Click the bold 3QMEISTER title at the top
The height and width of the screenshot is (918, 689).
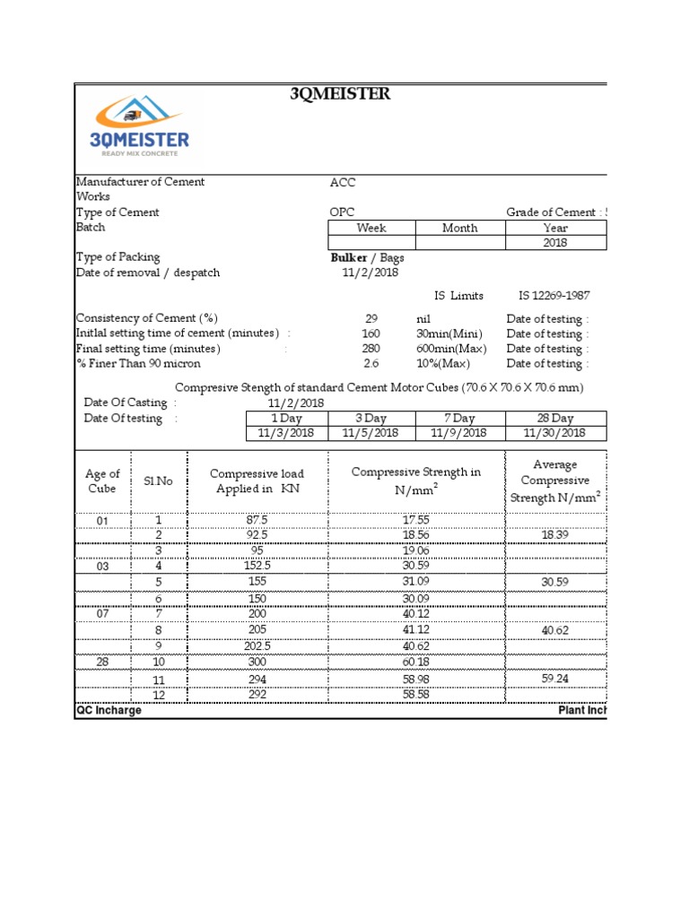pos(340,94)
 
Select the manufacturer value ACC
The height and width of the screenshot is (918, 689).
pos(343,182)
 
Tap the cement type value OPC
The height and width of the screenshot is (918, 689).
pos(343,212)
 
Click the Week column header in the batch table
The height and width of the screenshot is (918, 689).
pos(371,228)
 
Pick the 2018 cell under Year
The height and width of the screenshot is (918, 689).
pos(555,243)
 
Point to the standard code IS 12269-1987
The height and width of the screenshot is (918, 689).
pos(554,296)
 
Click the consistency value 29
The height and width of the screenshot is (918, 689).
pos(371,318)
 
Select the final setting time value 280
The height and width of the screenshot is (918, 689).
pos(371,349)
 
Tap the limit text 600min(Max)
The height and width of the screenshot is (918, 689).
pos(448,349)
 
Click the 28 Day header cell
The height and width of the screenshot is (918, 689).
pos(555,419)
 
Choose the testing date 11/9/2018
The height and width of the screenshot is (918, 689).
pos(458,433)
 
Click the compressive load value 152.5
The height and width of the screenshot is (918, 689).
pos(257,566)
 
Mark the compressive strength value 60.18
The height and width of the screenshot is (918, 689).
pos(415,661)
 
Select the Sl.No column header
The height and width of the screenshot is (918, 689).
pos(159,481)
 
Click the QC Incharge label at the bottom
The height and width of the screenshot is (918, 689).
pos(109,711)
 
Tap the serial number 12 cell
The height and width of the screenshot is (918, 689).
pos(159,695)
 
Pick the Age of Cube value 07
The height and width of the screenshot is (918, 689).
pos(102,612)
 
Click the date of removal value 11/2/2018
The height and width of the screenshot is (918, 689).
pos(371,273)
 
